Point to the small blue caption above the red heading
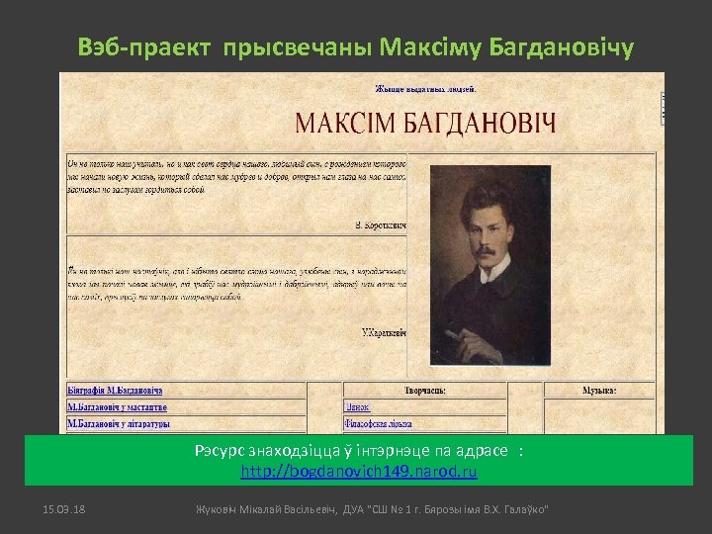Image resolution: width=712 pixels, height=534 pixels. [426, 88]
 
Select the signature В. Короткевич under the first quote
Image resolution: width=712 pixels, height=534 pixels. [381, 226]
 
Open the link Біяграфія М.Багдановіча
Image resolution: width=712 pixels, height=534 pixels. [115, 391]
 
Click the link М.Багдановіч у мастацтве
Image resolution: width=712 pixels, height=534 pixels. [117, 407]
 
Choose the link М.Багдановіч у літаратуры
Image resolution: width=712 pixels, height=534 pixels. [118, 424]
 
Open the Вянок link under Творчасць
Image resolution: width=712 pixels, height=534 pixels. [357, 407]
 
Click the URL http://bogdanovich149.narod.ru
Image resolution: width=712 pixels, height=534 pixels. [359, 473]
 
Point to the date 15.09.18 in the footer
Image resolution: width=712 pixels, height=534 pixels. [63, 508]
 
